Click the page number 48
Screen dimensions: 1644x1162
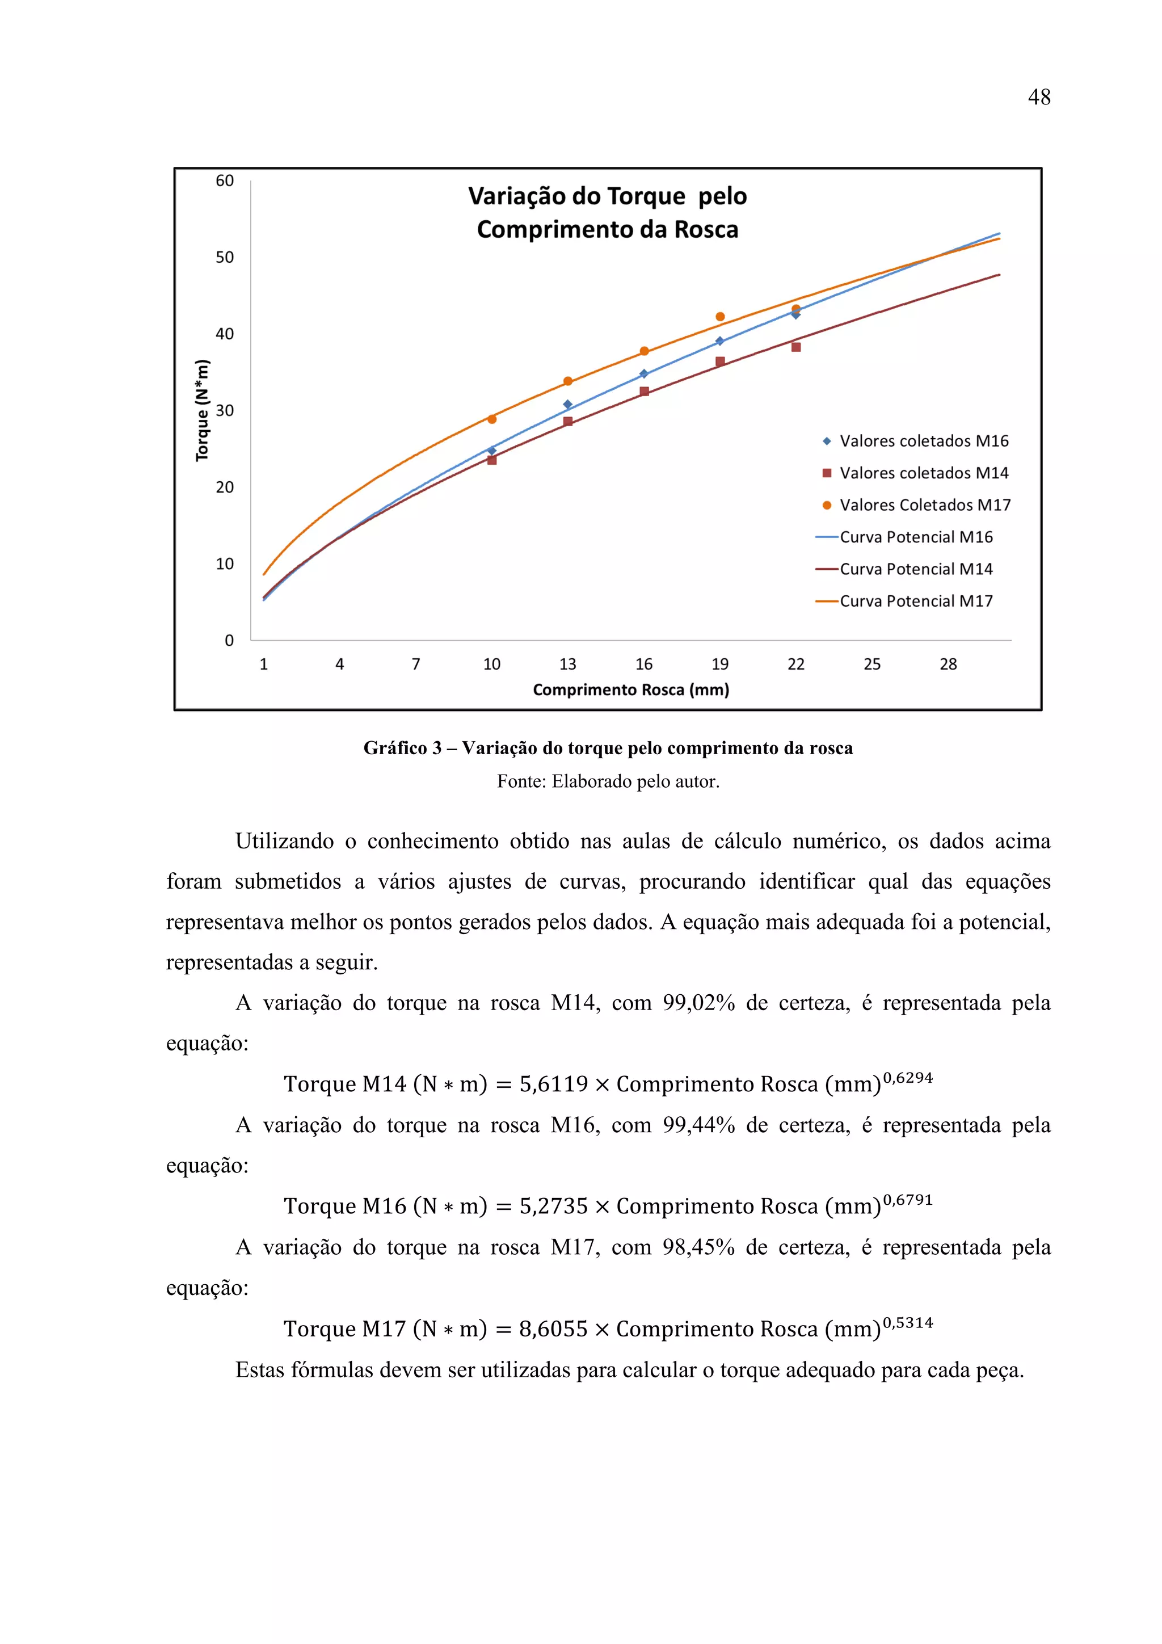[1038, 98]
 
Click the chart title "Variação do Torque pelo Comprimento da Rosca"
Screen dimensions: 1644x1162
[607, 213]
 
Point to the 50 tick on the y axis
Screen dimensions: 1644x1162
[225, 257]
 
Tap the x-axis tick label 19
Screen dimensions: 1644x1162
[719, 664]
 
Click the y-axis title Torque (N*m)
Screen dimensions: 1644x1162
[203, 410]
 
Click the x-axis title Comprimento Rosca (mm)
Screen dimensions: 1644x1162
[631, 689]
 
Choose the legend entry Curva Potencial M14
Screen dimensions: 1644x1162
[915, 569]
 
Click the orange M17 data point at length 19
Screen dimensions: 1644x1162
[720, 317]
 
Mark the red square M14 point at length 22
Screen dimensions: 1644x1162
[795, 347]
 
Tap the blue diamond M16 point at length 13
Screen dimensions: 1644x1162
[568, 405]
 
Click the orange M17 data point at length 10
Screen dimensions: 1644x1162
[492, 419]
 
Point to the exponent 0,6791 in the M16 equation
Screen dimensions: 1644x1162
[907, 1199]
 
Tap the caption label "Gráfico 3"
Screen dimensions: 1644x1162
[402, 749]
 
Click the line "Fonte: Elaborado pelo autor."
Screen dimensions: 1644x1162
[608, 781]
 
